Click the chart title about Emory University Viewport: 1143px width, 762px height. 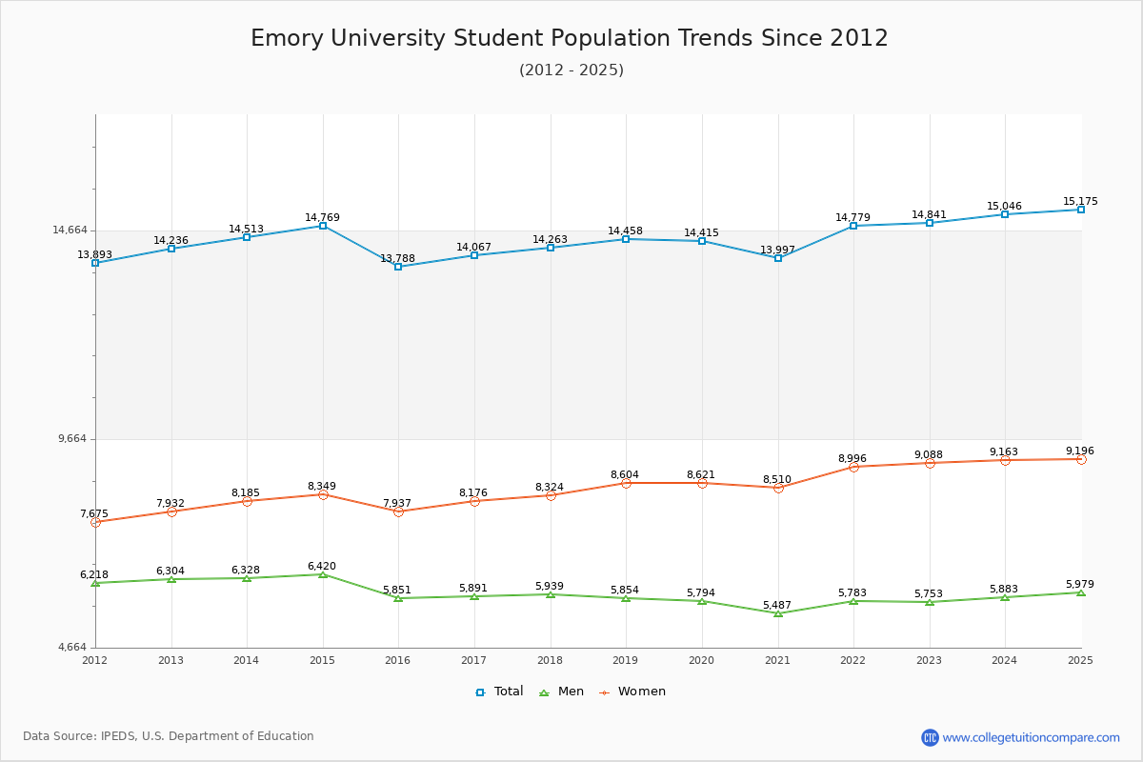pos(570,38)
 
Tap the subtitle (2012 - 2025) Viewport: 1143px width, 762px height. pos(571,70)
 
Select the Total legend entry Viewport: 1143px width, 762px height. pos(500,692)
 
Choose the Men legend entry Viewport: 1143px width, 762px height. pos(562,692)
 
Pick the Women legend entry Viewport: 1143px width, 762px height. pos(632,692)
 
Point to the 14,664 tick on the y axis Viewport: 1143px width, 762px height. pos(70,230)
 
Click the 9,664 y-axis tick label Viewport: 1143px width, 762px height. pos(72,439)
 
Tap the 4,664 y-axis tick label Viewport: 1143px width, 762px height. pos(72,648)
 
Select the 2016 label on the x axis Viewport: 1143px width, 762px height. pos(397,660)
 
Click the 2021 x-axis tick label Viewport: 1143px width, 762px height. pos(776,660)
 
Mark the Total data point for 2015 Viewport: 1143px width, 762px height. pos(323,226)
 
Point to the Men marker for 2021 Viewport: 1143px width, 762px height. pos(778,613)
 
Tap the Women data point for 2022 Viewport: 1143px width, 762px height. pos(853,467)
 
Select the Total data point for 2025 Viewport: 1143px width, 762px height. pos(1081,210)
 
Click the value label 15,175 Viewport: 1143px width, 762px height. pos(1080,201)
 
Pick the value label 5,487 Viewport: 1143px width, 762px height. pos(777,605)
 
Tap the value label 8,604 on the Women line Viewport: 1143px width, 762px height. pos(625,474)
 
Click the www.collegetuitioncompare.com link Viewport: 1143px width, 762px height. pos(1031,737)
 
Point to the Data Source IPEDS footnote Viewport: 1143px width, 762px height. pos(169,736)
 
